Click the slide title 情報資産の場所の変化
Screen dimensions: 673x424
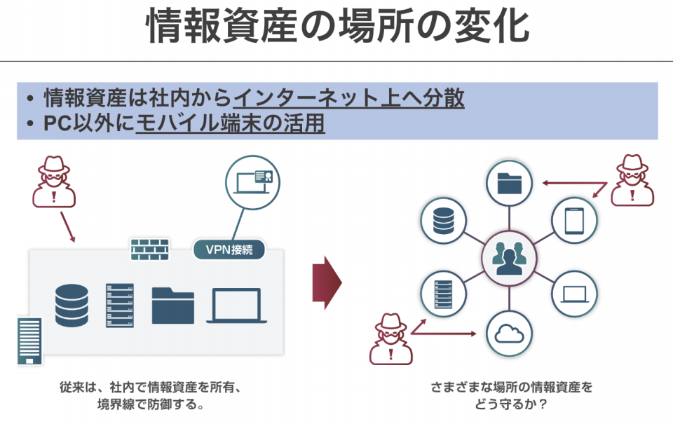coord(337,27)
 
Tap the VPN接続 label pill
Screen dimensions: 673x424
coord(229,249)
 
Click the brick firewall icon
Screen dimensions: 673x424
coord(150,249)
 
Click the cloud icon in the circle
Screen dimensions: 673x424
coord(509,334)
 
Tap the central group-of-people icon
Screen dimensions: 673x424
coord(509,259)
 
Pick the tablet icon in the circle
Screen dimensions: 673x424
coord(574,221)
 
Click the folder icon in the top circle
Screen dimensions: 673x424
coord(509,183)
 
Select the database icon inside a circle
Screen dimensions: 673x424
coord(443,221)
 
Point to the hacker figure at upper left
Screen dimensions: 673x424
coord(54,182)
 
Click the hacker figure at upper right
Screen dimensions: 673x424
coord(632,180)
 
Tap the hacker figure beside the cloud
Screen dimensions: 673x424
coord(391,339)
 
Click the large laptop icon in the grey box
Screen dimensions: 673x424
coord(236,306)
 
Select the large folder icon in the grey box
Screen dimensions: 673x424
coord(173,306)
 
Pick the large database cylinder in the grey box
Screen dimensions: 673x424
coord(72,306)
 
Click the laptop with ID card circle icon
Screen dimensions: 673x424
coord(252,182)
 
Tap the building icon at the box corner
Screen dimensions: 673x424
coord(29,341)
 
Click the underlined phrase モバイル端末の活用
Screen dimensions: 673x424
coord(230,123)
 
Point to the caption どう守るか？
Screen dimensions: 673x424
coord(511,404)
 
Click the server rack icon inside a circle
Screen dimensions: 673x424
coord(443,294)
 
